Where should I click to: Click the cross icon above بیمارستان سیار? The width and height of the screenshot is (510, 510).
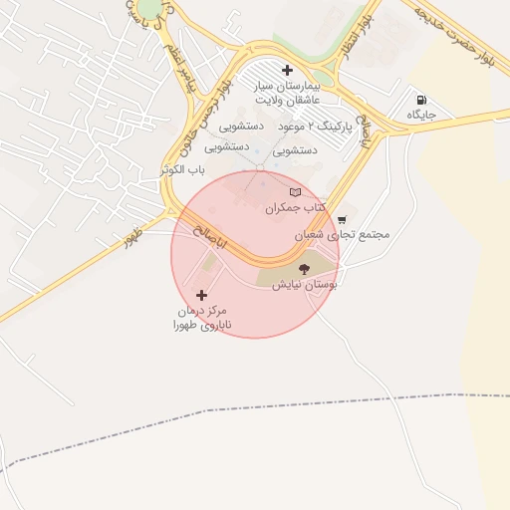[x=288, y=70]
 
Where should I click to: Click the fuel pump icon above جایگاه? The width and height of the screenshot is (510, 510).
[x=421, y=100]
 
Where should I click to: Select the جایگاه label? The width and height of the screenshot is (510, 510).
[x=422, y=117]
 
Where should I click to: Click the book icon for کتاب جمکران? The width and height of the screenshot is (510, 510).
[x=294, y=192]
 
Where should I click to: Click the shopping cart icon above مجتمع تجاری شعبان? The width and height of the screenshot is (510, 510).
[x=343, y=219]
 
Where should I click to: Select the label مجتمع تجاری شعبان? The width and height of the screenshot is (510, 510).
[x=342, y=235]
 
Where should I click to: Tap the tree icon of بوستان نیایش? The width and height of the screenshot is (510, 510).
[x=304, y=268]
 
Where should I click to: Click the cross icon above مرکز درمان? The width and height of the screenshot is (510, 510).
[x=202, y=295]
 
